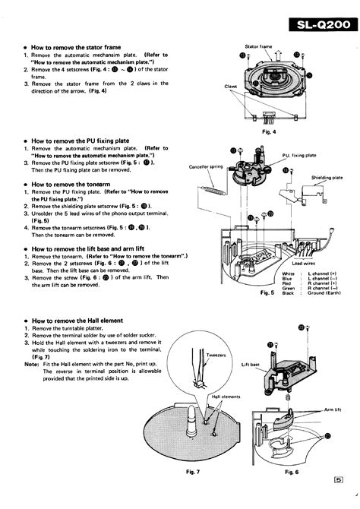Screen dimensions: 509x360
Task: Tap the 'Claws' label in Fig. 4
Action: [231, 86]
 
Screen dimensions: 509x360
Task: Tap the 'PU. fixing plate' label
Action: [299, 154]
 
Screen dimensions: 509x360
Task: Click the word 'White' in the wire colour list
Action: [288, 273]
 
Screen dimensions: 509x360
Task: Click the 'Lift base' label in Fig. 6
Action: [251, 365]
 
